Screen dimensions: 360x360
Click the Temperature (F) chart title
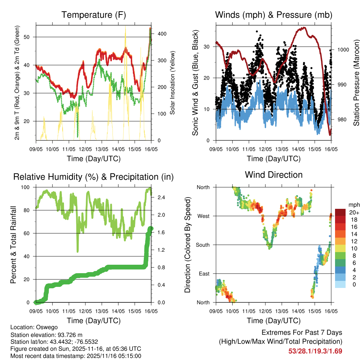[x=94, y=15]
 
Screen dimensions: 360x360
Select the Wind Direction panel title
[x=274, y=175]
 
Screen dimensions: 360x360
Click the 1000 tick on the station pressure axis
[x=343, y=50]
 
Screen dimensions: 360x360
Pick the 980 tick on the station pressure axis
[x=341, y=120]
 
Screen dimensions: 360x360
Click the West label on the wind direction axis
[x=203, y=216]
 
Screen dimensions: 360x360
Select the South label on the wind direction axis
[x=202, y=245]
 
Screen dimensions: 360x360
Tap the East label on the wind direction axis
[x=204, y=274]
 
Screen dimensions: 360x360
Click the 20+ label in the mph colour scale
[x=353, y=212]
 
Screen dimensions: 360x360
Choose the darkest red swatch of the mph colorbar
[x=340, y=212]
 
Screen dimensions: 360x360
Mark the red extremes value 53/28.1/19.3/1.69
[x=315, y=351]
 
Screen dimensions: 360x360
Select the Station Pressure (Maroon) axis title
[x=356, y=83]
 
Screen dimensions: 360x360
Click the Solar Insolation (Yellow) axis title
[x=173, y=83]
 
